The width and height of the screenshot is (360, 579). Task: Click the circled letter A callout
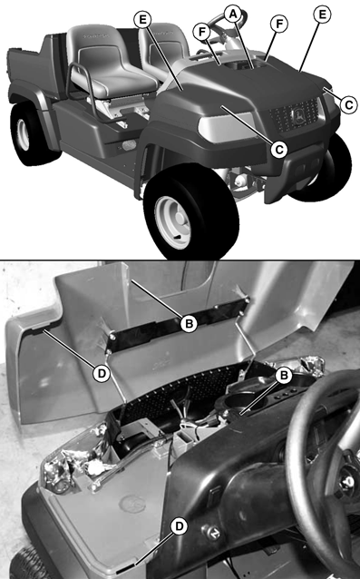(233, 14)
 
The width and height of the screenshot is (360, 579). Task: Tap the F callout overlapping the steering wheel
(202, 32)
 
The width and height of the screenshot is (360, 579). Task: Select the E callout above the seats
(142, 20)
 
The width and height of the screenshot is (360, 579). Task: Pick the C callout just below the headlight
(278, 150)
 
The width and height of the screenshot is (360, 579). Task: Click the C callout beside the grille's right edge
(348, 105)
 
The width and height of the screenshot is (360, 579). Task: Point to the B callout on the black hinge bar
(189, 324)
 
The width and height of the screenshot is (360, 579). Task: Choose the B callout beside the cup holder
(284, 376)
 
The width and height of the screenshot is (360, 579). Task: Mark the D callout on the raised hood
(101, 374)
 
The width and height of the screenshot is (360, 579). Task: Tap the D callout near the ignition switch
(180, 526)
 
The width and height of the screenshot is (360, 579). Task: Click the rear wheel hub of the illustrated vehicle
(24, 134)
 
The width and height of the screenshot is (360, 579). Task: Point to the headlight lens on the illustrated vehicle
(226, 126)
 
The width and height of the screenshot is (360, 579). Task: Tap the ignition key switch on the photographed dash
(211, 532)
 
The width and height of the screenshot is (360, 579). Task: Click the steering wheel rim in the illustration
(226, 22)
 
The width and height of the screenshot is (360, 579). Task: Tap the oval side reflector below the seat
(129, 145)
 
